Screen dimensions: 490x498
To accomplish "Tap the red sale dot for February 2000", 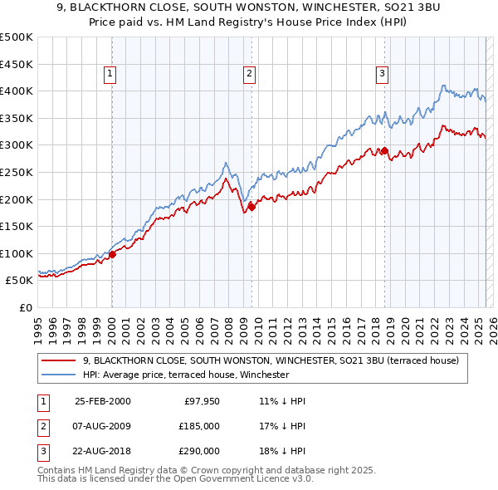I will [x=113, y=255].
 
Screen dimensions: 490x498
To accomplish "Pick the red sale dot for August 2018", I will [x=384, y=150].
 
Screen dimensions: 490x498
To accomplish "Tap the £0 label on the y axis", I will [x=25, y=307].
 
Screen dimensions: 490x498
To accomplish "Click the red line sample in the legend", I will [x=59, y=360].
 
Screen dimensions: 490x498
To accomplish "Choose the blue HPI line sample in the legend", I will [x=59, y=375].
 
